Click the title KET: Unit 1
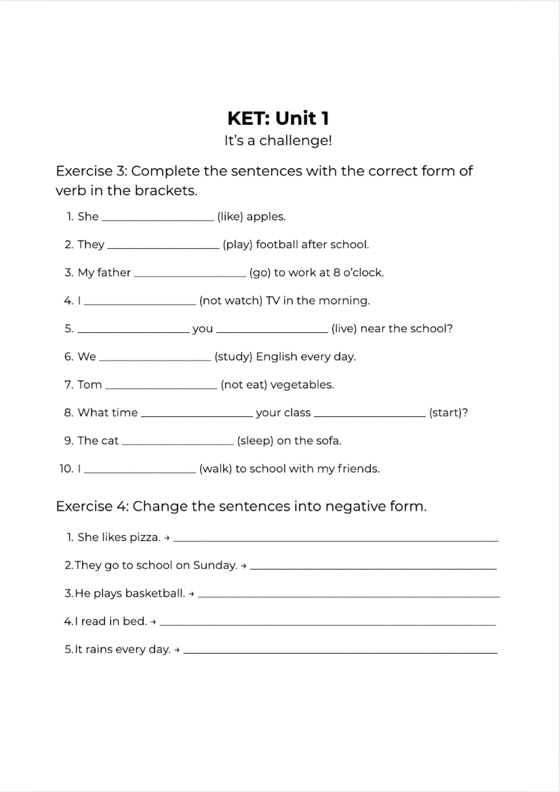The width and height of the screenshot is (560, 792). [x=279, y=118]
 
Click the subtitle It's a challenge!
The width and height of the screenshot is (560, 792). [x=278, y=141]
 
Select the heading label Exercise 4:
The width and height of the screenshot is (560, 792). [x=92, y=507]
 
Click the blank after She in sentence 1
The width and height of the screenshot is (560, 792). [x=157, y=218]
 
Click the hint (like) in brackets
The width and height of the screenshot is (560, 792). [x=230, y=217]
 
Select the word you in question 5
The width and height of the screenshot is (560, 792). [x=203, y=329]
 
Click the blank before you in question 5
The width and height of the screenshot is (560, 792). [x=134, y=331]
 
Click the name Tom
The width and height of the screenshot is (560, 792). [x=89, y=384]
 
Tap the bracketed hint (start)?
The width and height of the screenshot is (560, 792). [x=448, y=413]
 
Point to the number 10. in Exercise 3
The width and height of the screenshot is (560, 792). [x=66, y=469]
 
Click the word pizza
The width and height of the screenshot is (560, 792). [x=144, y=537]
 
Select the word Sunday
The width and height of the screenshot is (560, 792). [x=215, y=565]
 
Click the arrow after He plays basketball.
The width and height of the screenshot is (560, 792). [x=192, y=594]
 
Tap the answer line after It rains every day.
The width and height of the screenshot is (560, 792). [x=340, y=652]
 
